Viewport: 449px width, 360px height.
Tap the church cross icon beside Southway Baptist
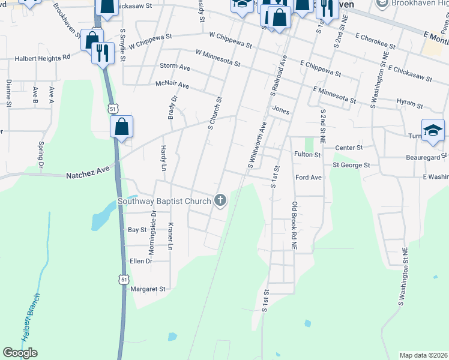[220, 200]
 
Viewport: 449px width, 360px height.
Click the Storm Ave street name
[175, 66]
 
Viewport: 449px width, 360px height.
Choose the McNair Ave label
[172, 86]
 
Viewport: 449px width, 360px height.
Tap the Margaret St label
[148, 289]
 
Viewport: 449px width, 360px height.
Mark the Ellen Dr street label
[141, 261]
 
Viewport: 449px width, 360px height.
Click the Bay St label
[137, 230]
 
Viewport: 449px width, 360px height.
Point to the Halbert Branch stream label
[31, 319]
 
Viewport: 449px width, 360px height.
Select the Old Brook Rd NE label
[294, 226]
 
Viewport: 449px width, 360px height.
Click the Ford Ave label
[309, 178]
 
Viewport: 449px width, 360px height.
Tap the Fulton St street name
[307, 154]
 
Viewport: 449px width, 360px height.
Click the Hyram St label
[411, 103]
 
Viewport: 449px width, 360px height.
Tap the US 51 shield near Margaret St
[124, 280]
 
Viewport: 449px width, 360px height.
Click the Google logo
[20, 353]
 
